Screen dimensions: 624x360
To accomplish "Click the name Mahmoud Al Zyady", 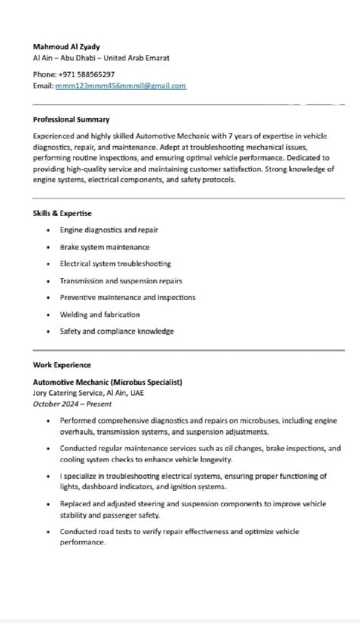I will tap(66, 47).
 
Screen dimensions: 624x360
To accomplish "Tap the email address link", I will tap(121, 86).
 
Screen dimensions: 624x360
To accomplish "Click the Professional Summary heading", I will tap(71, 120).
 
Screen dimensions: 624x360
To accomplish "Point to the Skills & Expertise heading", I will tap(62, 213).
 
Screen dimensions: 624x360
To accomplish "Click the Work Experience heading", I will tap(62, 365).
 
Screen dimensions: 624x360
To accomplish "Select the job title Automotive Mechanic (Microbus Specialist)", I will tap(108, 382).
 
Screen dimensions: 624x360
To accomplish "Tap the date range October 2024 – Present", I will tap(72, 404).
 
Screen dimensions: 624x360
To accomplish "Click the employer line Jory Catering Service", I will tap(88, 393).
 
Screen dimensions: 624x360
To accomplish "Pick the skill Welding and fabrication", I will tap(100, 315).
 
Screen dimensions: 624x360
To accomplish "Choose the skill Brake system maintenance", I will tap(105, 247).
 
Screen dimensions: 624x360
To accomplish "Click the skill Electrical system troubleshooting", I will tap(115, 264).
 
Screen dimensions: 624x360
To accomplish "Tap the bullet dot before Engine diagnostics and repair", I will tap(48, 230).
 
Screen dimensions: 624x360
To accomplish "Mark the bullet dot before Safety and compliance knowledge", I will tap(48, 332).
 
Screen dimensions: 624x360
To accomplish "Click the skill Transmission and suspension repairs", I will tap(121, 281).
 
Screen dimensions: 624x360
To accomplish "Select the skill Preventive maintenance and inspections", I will tap(128, 297).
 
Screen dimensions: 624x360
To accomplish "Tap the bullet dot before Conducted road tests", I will tap(48, 532).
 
